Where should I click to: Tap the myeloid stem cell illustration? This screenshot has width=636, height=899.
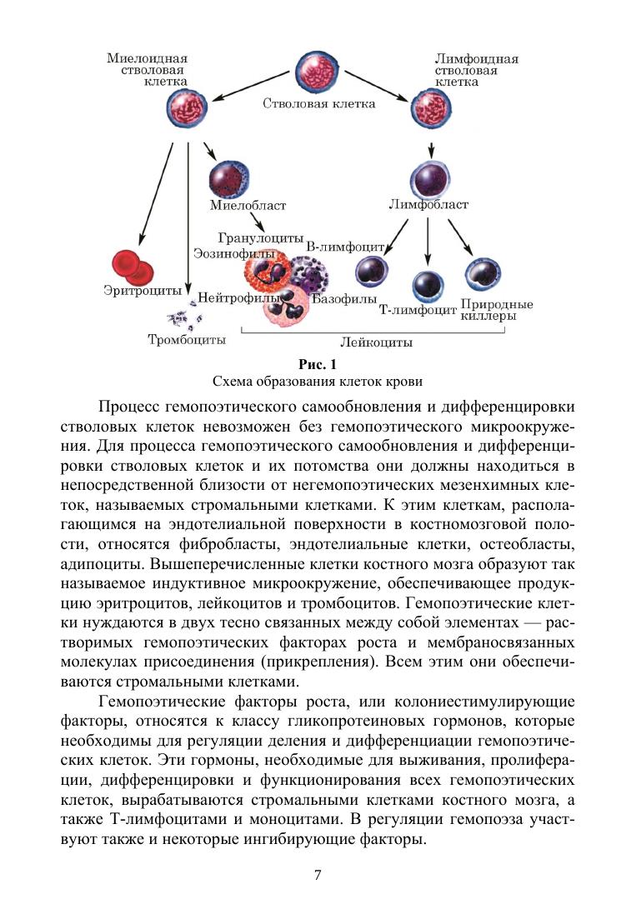188,111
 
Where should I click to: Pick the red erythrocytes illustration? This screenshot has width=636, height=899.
133,265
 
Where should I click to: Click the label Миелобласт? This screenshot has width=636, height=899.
248,206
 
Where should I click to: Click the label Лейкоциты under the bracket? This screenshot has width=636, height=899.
376,342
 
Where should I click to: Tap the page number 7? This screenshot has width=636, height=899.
318,874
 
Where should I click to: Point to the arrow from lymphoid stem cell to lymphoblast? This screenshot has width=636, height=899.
430,147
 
